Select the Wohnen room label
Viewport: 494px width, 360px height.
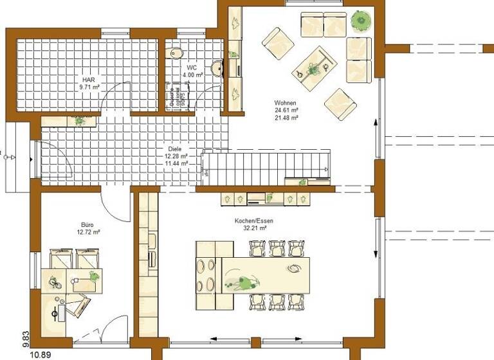coord(285,102)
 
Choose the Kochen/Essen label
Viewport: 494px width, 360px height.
coord(254,221)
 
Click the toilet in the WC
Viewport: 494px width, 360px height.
coord(176,53)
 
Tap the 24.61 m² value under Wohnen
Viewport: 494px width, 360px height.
coord(286,110)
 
